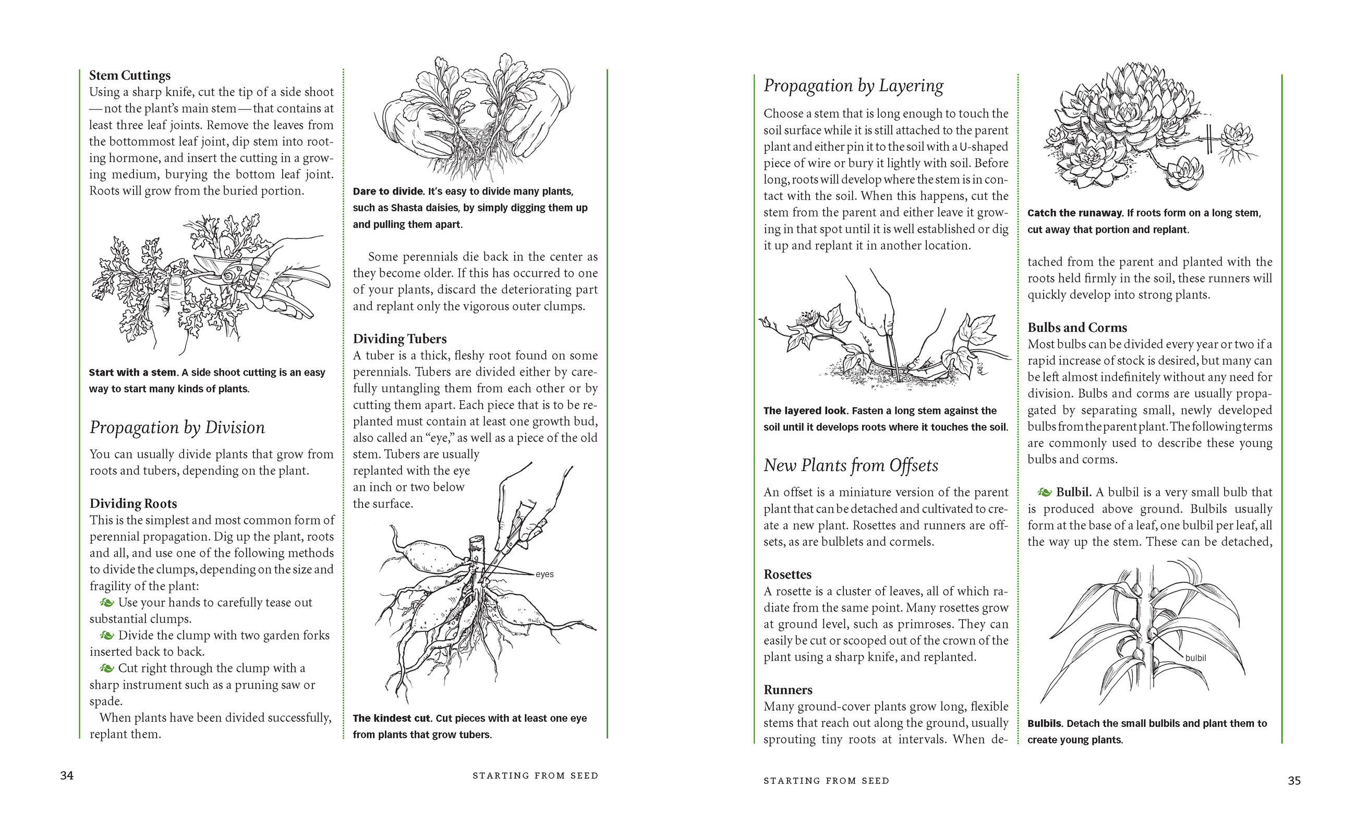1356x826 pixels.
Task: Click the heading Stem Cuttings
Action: tap(130, 76)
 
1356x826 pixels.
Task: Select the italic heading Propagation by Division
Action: tap(177, 427)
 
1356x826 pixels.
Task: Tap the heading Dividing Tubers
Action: tap(399, 339)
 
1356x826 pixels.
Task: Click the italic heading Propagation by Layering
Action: tap(853, 86)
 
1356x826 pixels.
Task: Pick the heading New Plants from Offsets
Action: tap(850, 465)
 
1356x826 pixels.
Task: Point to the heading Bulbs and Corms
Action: tap(1077, 328)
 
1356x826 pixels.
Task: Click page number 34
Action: tap(67, 775)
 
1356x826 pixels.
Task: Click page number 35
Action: tap(1294, 780)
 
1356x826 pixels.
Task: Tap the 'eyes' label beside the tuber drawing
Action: tap(544, 574)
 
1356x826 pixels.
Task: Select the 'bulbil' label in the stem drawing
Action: tap(1195, 657)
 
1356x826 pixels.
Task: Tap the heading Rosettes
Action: tap(788, 574)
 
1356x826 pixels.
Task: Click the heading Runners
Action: tap(788, 690)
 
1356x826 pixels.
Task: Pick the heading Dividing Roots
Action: tap(133, 504)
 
